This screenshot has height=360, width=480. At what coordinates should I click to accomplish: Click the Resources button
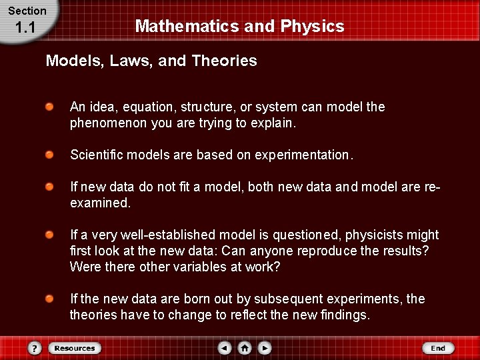coord(75,348)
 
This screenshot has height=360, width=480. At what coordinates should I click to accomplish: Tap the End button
coord(438,348)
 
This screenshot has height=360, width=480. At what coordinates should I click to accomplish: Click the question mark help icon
coord(35,348)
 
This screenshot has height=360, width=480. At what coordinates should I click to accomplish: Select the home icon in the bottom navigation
coord(245,348)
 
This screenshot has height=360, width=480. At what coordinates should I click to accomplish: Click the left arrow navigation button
coord(225,348)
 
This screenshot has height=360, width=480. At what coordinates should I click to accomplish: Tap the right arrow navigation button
coord(265,348)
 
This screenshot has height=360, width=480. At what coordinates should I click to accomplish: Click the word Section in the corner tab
coord(27,11)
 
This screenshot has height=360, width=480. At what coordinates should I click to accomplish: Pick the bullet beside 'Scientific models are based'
coord(50,155)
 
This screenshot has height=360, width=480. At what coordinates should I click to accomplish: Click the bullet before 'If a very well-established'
coord(50,235)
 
